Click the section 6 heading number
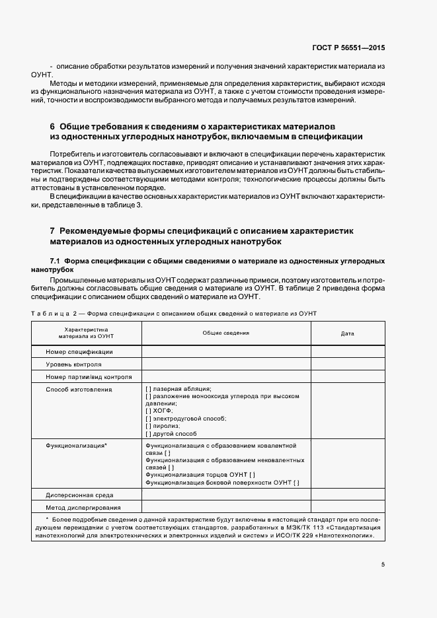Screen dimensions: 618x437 (52, 126)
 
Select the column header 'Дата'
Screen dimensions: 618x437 (348, 333)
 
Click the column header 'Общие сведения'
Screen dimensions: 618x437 (225, 333)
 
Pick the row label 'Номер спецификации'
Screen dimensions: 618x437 (79, 352)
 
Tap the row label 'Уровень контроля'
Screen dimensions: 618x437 (73, 364)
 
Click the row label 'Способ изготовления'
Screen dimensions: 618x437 (79, 390)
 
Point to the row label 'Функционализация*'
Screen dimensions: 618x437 (76, 446)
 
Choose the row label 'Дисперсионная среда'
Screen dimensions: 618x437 (79, 495)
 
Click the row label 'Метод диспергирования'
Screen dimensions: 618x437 (83, 507)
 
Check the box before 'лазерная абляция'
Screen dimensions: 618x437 (147, 390)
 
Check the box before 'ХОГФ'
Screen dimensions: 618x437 (147, 411)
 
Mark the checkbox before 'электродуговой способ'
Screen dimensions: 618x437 (147, 419)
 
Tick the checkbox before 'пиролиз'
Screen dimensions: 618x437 (147, 426)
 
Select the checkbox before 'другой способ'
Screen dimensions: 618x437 (147, 433)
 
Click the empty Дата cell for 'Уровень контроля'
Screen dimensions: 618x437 (347, 364)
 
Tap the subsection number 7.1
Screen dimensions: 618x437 (56, 261)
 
